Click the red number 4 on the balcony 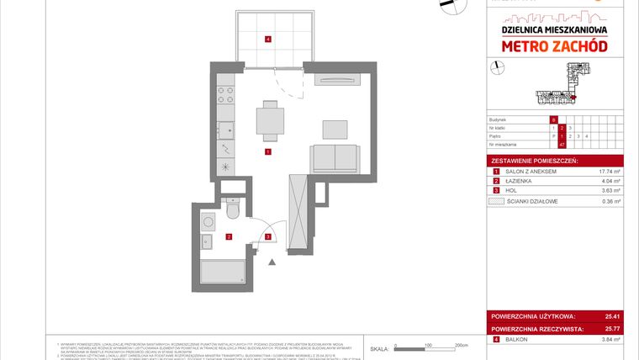coord(267,40)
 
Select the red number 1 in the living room coord(267,152)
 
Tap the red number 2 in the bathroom coord(229,237)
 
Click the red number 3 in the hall coord(267,237)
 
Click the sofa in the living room coord(335,156)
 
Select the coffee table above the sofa coord(335,129)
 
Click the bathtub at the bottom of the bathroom coord(223,272)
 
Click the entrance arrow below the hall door coord(271,262)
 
